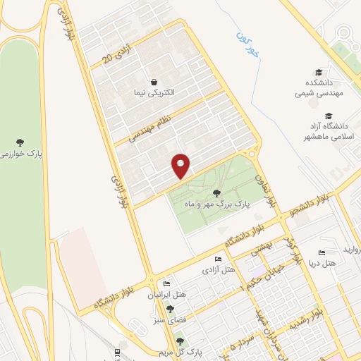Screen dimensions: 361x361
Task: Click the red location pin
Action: pyautogui.click(x=182, y=165)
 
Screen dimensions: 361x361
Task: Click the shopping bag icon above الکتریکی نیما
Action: pyautogui.click(x=154, y=81)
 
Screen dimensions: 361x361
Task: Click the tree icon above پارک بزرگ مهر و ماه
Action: pyautogui.click(x=217, y=192)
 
